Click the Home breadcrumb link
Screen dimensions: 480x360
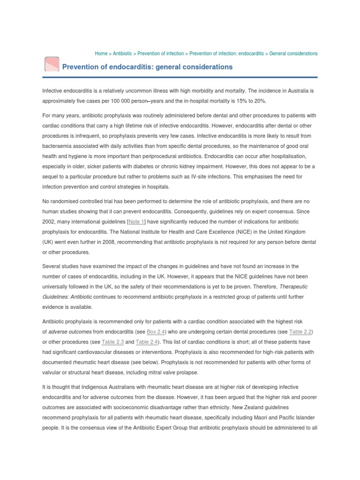click(101, 53)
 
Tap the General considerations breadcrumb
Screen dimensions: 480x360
click(293, 53)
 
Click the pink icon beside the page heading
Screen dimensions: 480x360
click(51, 66)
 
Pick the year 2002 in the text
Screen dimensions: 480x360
click(49, 221)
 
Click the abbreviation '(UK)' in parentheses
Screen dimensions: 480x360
click(49, 242)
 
